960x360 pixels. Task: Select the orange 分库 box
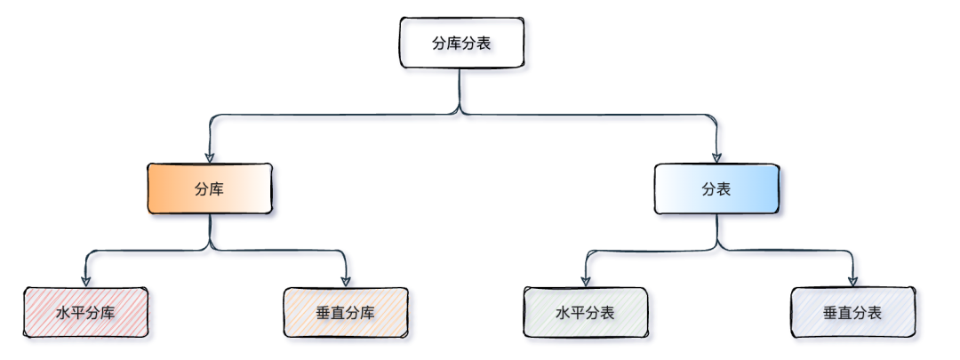[x=209, y=188]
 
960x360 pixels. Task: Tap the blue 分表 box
[x=716, y=188]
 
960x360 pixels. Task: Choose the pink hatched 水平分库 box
[x=85, y=313]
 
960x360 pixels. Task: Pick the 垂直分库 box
[x=345, y=313]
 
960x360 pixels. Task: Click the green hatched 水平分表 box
[x=585, y=313]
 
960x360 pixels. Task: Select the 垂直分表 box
[x=852, y=313]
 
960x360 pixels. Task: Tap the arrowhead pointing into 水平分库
[x=86, y=281]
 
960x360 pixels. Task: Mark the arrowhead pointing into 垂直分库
[x=346, y=281]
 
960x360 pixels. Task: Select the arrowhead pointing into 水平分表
[x=586, y=281]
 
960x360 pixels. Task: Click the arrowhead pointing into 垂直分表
[x=852, y=281]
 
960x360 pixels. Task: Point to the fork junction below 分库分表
[x=460, y=113]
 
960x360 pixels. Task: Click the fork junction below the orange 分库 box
[x=210, y=250]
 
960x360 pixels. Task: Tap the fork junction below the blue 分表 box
[x=716, y=250]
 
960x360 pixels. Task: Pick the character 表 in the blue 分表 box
[x=724, y=188]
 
